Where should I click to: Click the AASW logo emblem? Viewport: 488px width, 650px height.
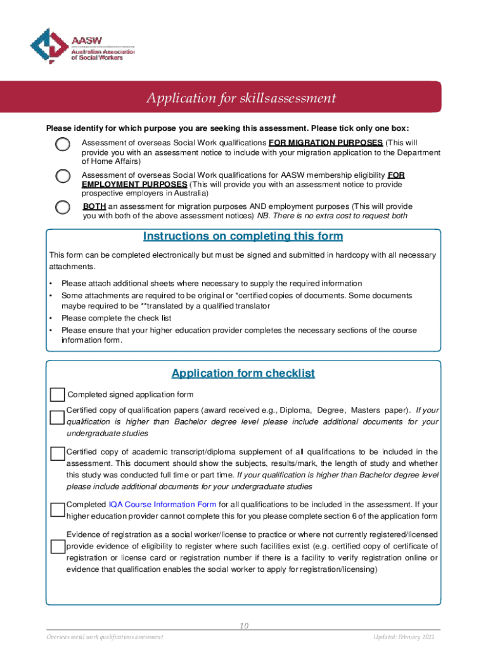pyautogui.click(x=48, y=46)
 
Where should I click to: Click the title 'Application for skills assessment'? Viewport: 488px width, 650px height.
pyautogui.click(x=241, y=98)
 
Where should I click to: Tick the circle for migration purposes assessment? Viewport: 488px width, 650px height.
pyautogui.click(x=63, y=144)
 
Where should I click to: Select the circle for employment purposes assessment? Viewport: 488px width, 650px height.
pyautogui.click(x=63, y=176)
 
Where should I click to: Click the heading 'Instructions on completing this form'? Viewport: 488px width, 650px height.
pyautogui.click(x=243, y=237)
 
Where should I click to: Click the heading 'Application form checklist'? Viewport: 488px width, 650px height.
pyautogui.click(x=243, y=373)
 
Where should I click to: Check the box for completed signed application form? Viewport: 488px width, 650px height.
pyautogui.click(x=58, y=394)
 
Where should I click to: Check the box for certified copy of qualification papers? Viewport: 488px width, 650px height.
pyautogui.click(x=58, y=417)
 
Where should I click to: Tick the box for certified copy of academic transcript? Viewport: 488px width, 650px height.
pyautogui.click(x=58, y=453)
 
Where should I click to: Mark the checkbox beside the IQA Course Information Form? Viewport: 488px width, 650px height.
pyautogui.click(x=58, y=508)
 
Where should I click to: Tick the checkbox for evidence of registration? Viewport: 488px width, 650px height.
pyautogui.click(x=58, y=547)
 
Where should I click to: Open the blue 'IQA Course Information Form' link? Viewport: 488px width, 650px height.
pyautogui.click(x=163, y=505)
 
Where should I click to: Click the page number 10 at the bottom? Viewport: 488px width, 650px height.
pyautogui.click(x=243, y=627)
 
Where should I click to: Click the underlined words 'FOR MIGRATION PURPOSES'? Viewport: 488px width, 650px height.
pyautogui.click(x=326, y=142)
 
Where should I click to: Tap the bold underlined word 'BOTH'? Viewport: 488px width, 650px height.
pyautogui.click(x=94, y=206)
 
